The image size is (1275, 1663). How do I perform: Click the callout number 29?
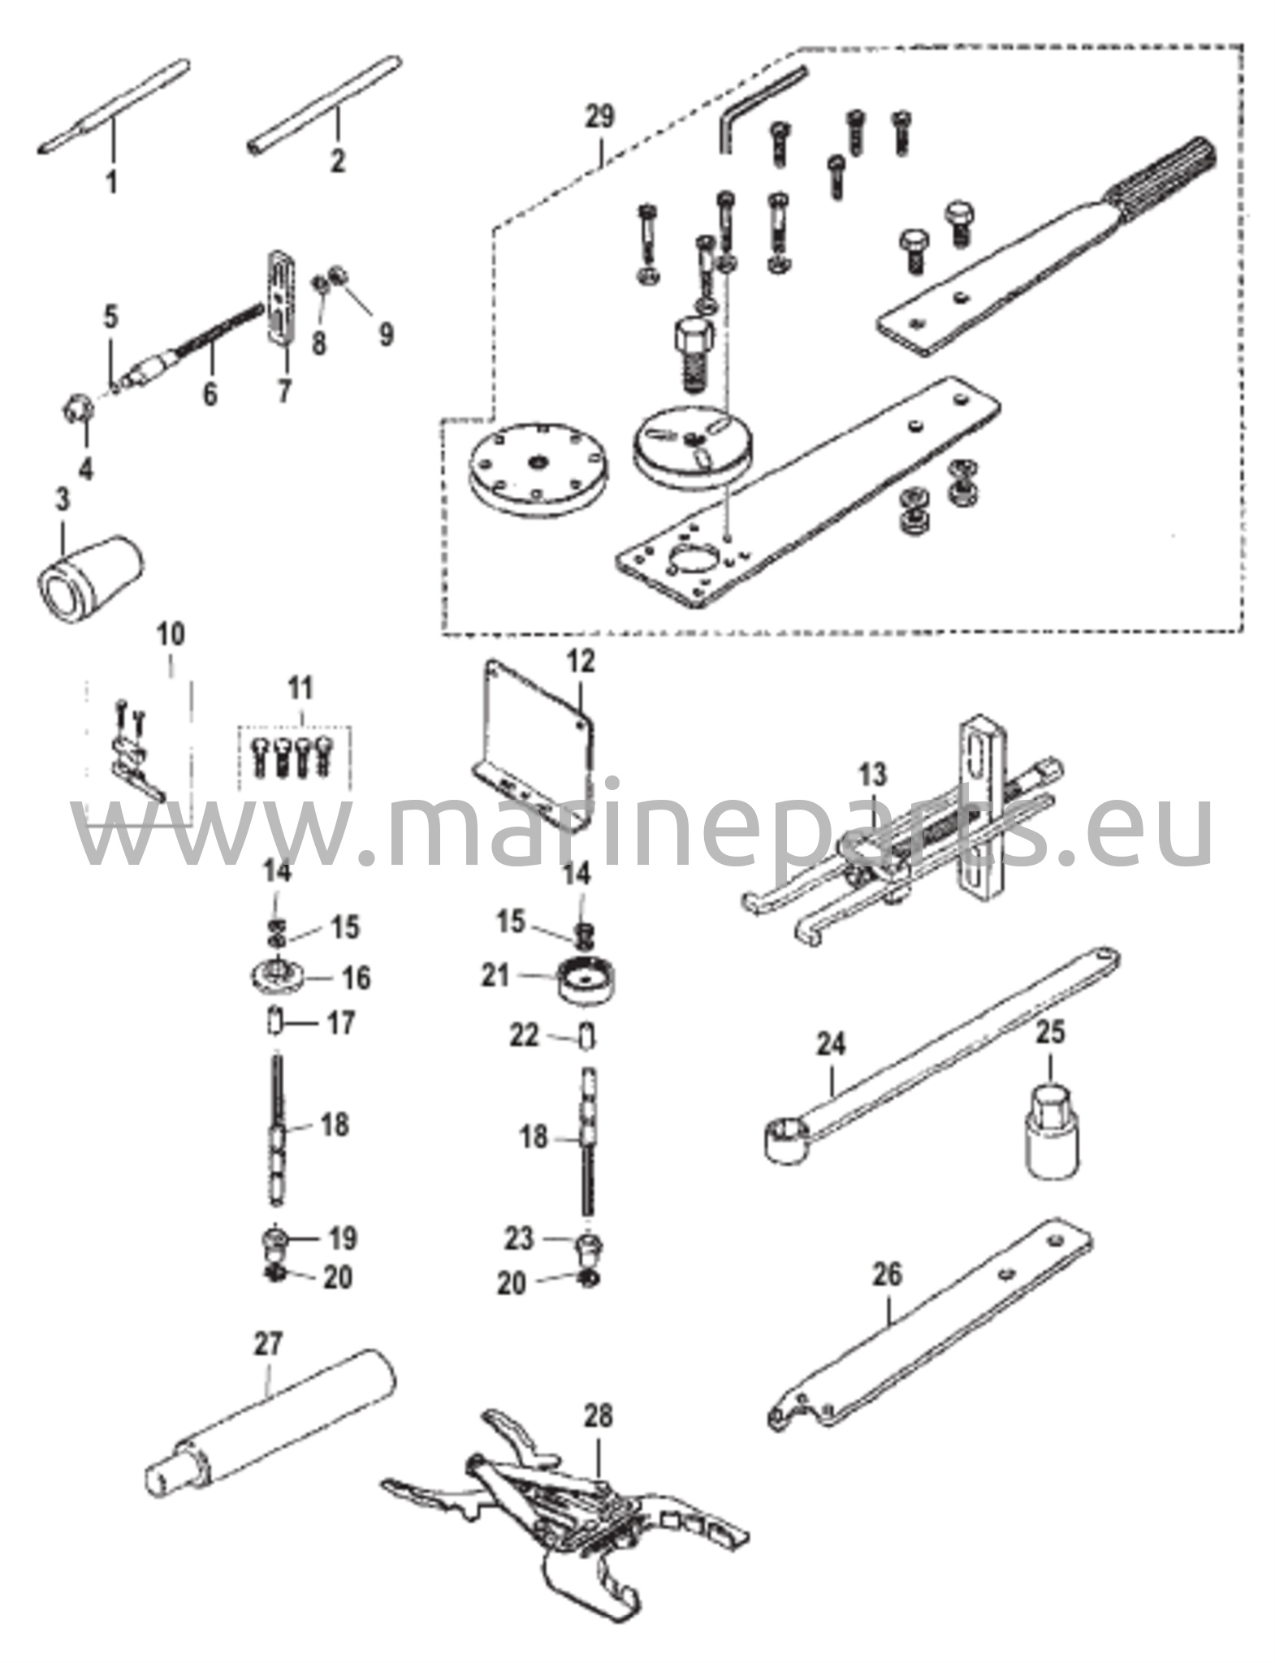pyautogui.click(x=602, y=117)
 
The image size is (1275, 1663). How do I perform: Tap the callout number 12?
pyautogui.click(x=581, y=663)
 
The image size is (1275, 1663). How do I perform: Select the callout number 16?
pyautogui.click(x=356, y=978)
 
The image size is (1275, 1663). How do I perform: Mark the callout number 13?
pyautogui.click(x=873, y=775)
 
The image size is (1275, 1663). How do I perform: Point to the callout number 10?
pyautogui.click(x=174, y=633)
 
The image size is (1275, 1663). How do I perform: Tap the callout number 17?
pyautogui.click(x=340, y=1023)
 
